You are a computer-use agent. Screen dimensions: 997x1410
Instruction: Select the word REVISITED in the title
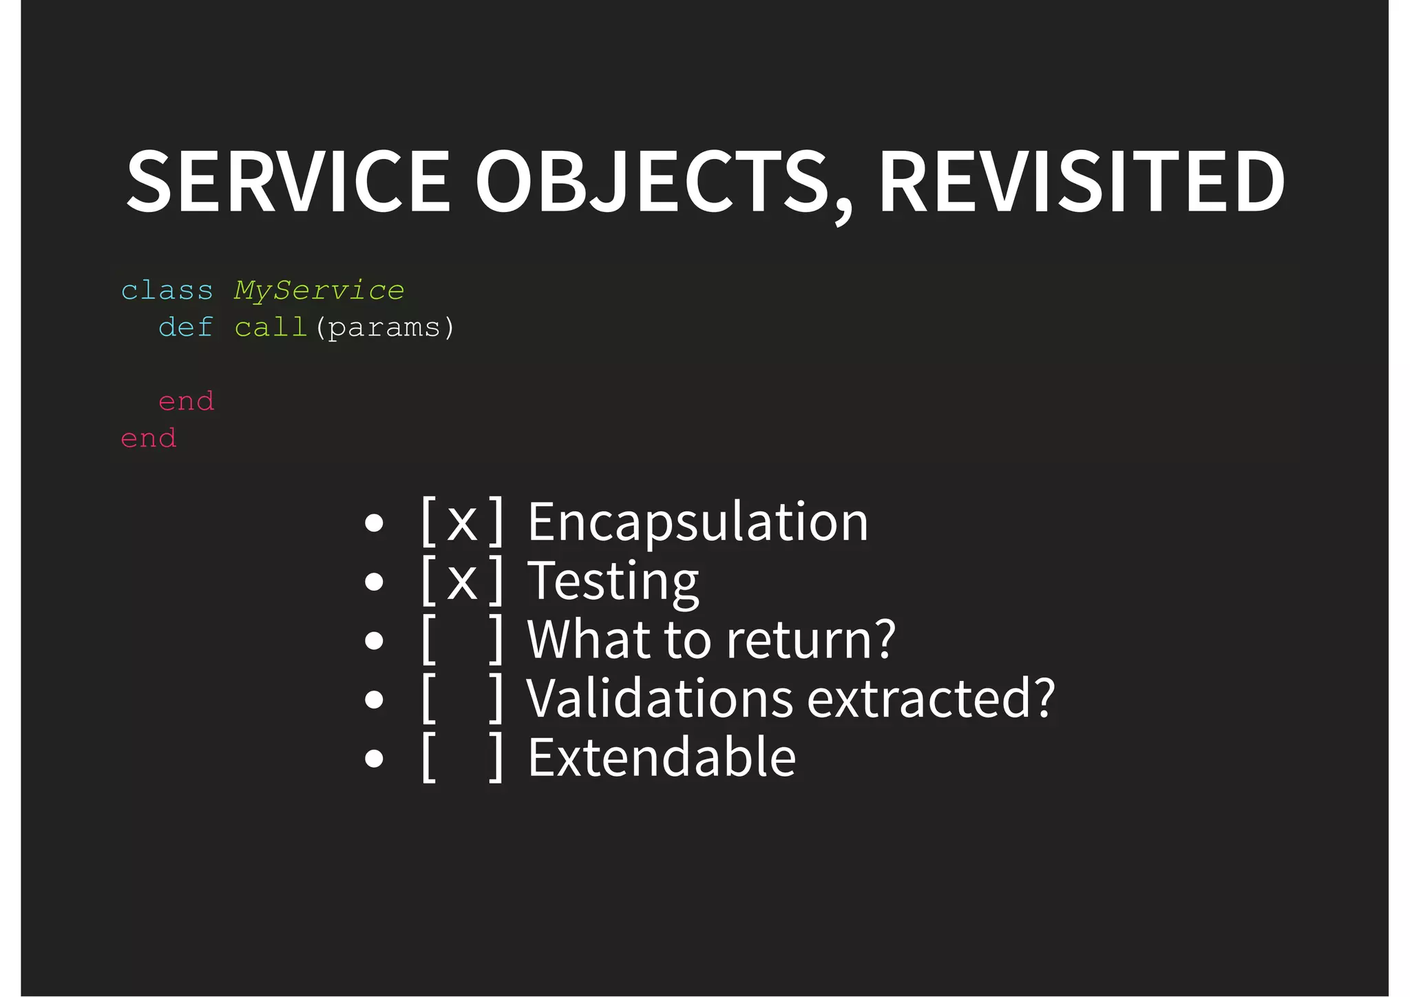click(x=1081, y=182)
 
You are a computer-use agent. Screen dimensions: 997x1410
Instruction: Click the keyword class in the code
click(x=167, y=291)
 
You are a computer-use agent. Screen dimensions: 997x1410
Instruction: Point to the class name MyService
click(x=319, y=291)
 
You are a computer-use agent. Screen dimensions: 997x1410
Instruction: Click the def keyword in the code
click(x=185, y=328)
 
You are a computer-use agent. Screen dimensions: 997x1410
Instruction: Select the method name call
click(x=271, y=328)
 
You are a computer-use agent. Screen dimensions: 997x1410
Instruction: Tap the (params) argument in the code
click(x=384, y=328)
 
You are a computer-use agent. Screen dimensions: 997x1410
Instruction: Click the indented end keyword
click(x=186, y=401)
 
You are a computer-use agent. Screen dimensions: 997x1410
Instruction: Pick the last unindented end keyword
click(x=149, y=439)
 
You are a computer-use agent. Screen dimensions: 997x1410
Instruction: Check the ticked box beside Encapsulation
click(x=462, y=522)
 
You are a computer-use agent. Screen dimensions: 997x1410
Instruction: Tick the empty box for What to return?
click(x=462, y=640)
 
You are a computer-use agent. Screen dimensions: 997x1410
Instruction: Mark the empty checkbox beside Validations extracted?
click(x=462, y=698)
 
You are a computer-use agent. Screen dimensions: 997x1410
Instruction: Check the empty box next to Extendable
click(x=462, y=757)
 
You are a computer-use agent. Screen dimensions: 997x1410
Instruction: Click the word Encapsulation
click(x=697, y=522)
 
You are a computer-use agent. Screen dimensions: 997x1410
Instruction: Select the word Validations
click(x=660, y=698)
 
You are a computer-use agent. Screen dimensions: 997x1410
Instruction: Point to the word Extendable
click(x=662, y=757)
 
